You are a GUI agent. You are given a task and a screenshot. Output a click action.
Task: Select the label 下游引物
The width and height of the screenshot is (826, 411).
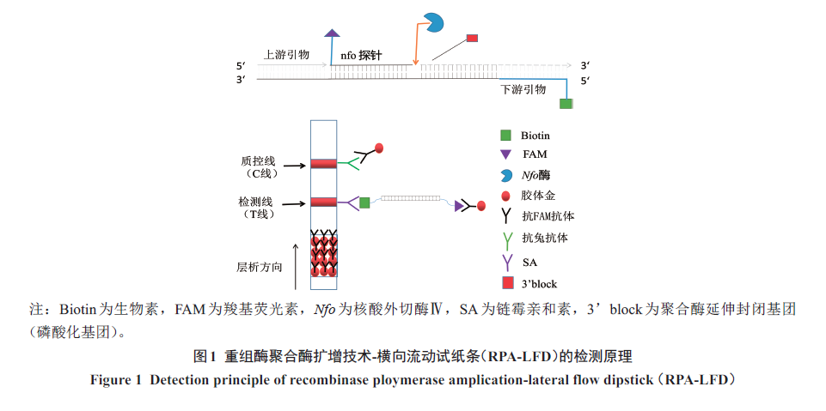click(523, 89)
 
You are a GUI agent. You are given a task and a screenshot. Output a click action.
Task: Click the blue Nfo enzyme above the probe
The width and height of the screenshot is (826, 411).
click(434, 23)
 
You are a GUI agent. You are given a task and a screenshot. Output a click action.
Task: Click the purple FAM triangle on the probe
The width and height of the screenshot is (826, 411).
click(331, 34)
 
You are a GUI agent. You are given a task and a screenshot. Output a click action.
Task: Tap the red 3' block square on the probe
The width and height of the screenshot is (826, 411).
click(471, 38)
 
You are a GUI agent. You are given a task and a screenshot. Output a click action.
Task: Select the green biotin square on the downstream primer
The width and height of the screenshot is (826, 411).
click(566, 103)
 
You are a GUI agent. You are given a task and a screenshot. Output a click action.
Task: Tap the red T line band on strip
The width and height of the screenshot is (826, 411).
click(324, 202)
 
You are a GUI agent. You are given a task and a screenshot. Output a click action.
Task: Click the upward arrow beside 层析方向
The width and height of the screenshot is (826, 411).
click(297, 265)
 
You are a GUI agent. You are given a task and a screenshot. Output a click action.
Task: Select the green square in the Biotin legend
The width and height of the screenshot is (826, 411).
click(505, 136)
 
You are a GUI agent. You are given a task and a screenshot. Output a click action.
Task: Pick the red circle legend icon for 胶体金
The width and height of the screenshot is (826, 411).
click(505, 196)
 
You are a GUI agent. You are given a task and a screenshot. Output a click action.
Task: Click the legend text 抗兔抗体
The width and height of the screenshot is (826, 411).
click(544, 238)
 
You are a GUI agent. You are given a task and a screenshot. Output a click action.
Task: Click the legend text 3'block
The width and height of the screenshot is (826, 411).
click(539, 283)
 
